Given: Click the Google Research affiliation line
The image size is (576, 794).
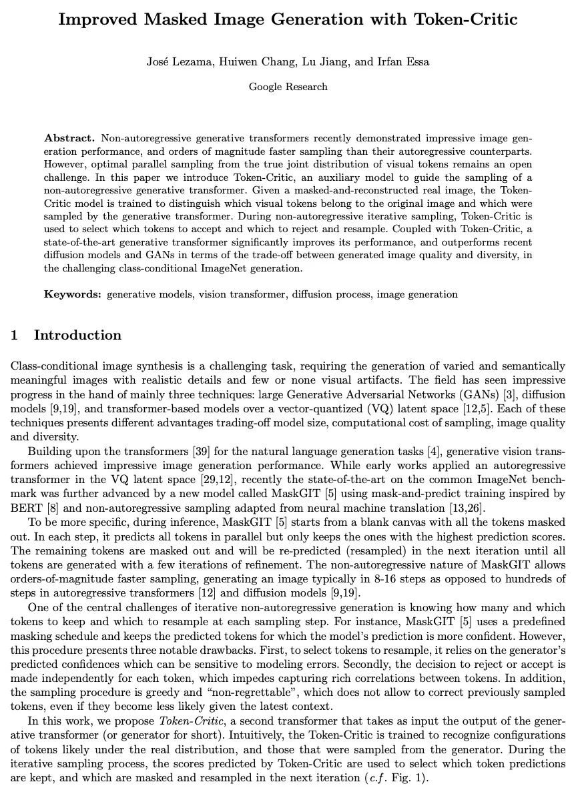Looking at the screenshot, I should (x=288, y=86).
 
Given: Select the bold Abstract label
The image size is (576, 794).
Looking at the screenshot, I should (x=69, y=138).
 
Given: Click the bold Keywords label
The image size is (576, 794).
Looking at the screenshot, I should (x=73, y=294).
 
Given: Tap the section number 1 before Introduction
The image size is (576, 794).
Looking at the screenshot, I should (x=14, y=335).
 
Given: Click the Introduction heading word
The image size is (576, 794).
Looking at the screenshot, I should (x=77, y=335).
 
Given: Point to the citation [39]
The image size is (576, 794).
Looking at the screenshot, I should (x=202, y=452).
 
